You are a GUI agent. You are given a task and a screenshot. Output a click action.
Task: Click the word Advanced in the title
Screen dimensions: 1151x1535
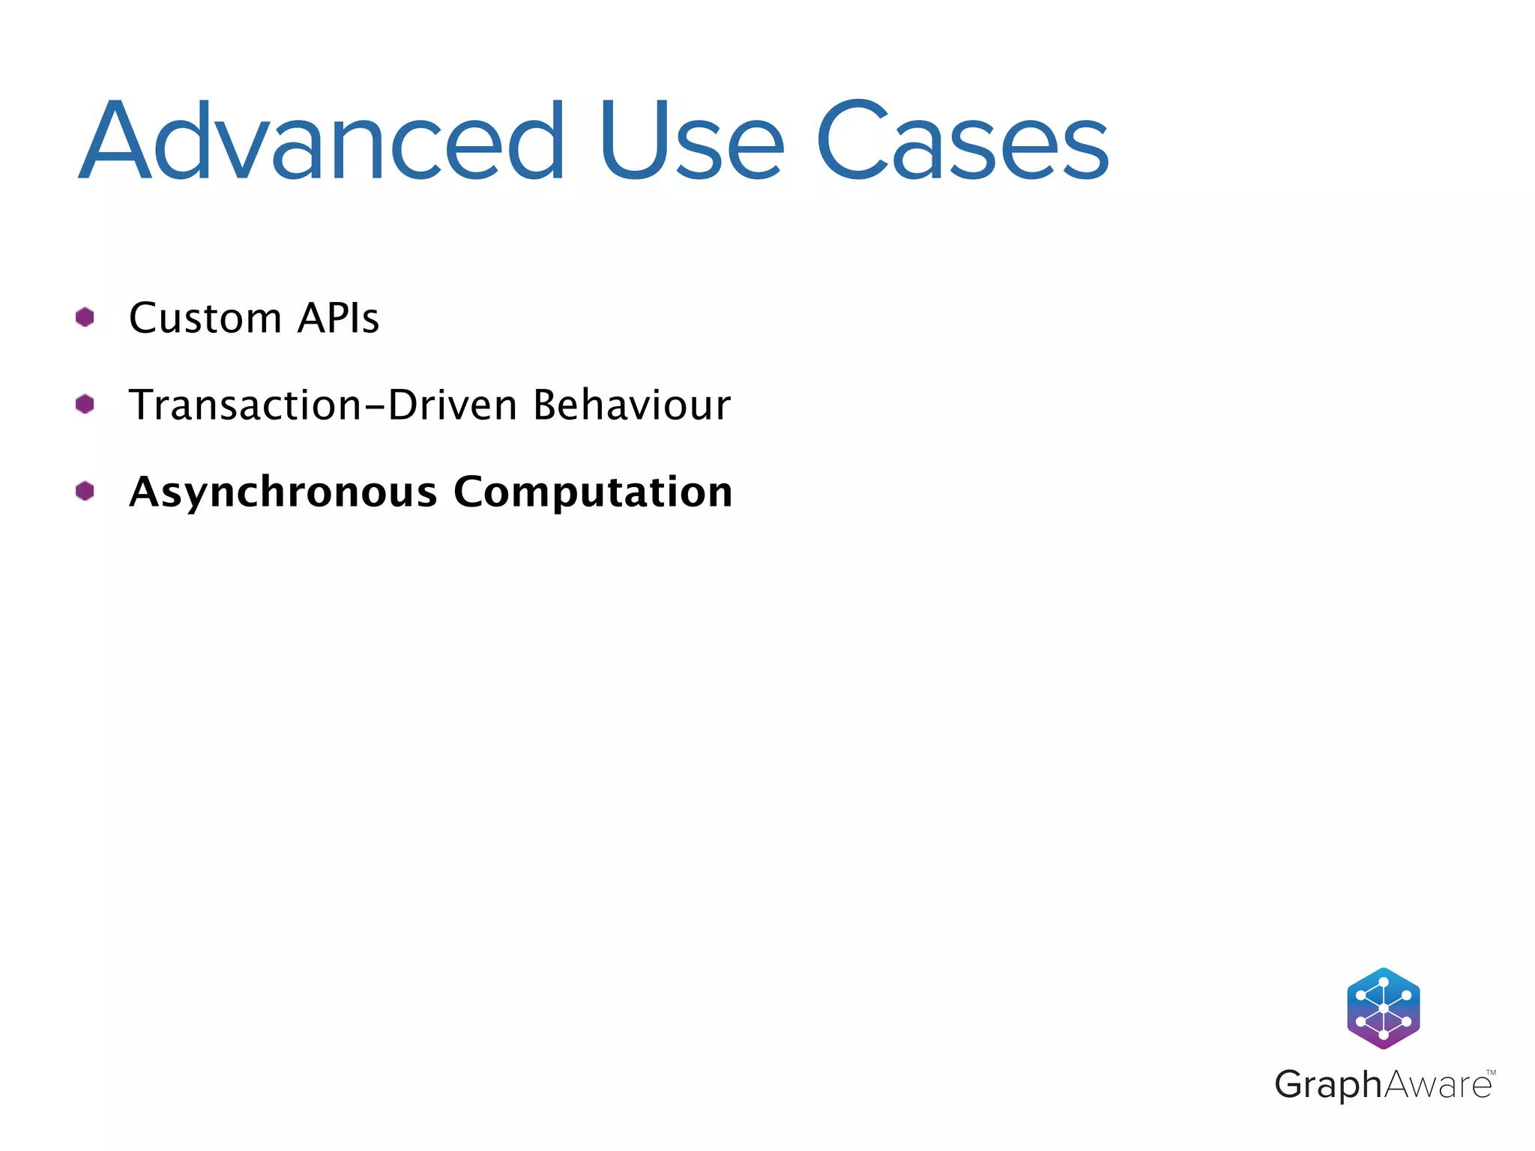point(322,142)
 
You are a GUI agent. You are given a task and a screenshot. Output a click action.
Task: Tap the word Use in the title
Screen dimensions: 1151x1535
point(691,142)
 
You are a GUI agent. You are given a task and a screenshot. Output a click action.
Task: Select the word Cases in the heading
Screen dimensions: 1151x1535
point(962,142)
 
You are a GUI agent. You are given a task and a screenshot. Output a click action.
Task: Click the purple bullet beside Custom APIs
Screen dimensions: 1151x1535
point(85,318)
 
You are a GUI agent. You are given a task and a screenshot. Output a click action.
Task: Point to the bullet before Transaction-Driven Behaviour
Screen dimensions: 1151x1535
point(85,405)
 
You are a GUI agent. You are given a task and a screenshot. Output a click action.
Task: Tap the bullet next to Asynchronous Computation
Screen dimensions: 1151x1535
point(85,492)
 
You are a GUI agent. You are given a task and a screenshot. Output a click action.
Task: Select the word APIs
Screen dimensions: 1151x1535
point(339,318)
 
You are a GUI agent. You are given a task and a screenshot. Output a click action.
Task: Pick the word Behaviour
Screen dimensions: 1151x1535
point(632,405)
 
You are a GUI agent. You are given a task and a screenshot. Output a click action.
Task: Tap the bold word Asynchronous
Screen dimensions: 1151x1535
point(283,493)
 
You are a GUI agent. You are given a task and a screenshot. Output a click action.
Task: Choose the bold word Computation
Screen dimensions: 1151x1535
point(593,493)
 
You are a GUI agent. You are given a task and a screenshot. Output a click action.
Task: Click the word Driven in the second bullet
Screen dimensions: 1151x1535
point(453,405)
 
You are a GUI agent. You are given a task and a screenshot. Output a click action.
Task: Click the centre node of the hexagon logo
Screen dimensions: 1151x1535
point(1384,1009)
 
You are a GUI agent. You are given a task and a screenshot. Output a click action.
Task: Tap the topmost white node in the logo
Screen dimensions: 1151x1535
point(1384,982)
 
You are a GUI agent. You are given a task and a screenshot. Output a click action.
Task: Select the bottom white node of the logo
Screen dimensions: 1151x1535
point(1384,1035)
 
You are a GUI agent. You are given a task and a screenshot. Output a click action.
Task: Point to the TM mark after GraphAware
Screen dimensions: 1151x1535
point(1491,1072)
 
